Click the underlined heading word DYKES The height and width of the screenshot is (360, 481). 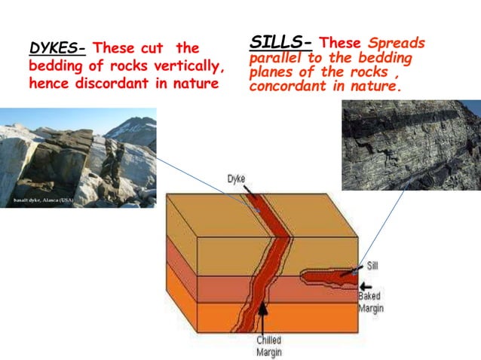57,49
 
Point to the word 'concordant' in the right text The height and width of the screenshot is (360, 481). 283,86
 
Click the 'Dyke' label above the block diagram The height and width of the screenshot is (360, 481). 235,178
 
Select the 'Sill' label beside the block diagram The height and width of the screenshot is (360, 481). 372,266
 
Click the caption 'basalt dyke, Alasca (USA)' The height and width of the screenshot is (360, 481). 42,201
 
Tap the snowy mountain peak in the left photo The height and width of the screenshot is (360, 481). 136,124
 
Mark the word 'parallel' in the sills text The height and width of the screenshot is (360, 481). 271,58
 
